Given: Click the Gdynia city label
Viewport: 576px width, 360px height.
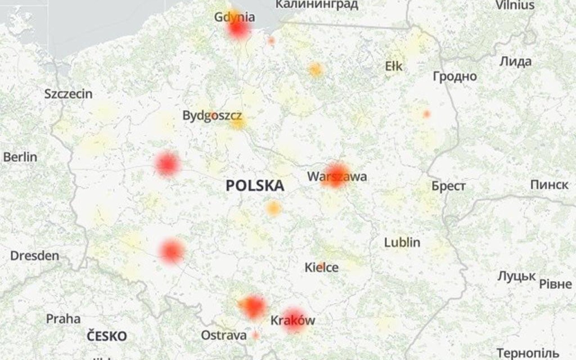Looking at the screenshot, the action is point(234,17).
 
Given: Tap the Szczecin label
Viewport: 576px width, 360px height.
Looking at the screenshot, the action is point(68,94).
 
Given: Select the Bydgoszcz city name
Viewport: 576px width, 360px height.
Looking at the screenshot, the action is point(212,116).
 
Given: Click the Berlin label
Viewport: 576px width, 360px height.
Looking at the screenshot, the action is point(20,157).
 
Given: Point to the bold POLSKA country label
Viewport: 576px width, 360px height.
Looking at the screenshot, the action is point(255,185).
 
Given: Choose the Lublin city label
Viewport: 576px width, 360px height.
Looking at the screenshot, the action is point(402,243).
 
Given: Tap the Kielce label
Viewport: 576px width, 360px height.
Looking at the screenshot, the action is point(321,268).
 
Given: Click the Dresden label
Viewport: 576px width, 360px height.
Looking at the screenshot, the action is point(35,256).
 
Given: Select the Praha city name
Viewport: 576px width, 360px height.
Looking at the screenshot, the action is point(63,319).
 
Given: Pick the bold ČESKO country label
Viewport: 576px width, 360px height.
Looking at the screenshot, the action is point(107,336).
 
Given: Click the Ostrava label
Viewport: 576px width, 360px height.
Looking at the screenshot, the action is point(224,335).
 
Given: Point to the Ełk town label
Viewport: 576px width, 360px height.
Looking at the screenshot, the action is point(394,67).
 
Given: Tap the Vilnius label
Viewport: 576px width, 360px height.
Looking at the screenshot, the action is point(515,5).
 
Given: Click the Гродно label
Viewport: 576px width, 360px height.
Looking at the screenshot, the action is point(454,76).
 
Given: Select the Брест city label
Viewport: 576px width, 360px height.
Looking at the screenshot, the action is point(448,186).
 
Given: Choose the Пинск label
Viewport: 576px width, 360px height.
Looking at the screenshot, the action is point(549,184).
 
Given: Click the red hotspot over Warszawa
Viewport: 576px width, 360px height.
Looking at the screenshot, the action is point(336,175).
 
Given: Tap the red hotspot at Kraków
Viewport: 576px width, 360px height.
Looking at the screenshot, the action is point(294,320).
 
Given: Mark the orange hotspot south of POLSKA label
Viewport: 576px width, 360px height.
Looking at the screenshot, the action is point(273,208).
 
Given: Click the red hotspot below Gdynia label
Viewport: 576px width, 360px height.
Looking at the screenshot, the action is point(238,29).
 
